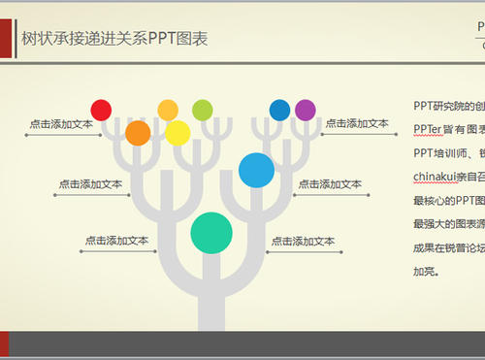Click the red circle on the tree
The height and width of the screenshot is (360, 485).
click(101, 110)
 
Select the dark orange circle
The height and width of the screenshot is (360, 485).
click(138, 132)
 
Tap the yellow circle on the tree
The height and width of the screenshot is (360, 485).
click(178, 133)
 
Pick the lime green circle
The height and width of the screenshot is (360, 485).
click(202, 110)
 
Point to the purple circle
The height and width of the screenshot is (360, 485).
click(306, 110)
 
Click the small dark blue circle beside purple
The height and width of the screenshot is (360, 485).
click(279, 110)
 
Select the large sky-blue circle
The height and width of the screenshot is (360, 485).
click(256, 170)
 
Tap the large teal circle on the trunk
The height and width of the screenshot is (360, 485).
click(210, 232)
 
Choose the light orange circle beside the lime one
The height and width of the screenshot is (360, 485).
click(168, 110)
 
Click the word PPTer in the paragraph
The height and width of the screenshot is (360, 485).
click(428, 129)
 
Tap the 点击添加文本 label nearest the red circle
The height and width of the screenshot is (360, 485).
click(61, 124)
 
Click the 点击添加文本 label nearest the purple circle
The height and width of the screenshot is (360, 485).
click(357, 123)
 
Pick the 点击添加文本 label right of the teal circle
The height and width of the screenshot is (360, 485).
click(303, 241)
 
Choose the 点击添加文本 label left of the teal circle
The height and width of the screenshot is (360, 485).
click(116, 241)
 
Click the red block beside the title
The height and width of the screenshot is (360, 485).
click(4, 39)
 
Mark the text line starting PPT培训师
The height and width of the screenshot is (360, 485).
click(442, 152)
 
